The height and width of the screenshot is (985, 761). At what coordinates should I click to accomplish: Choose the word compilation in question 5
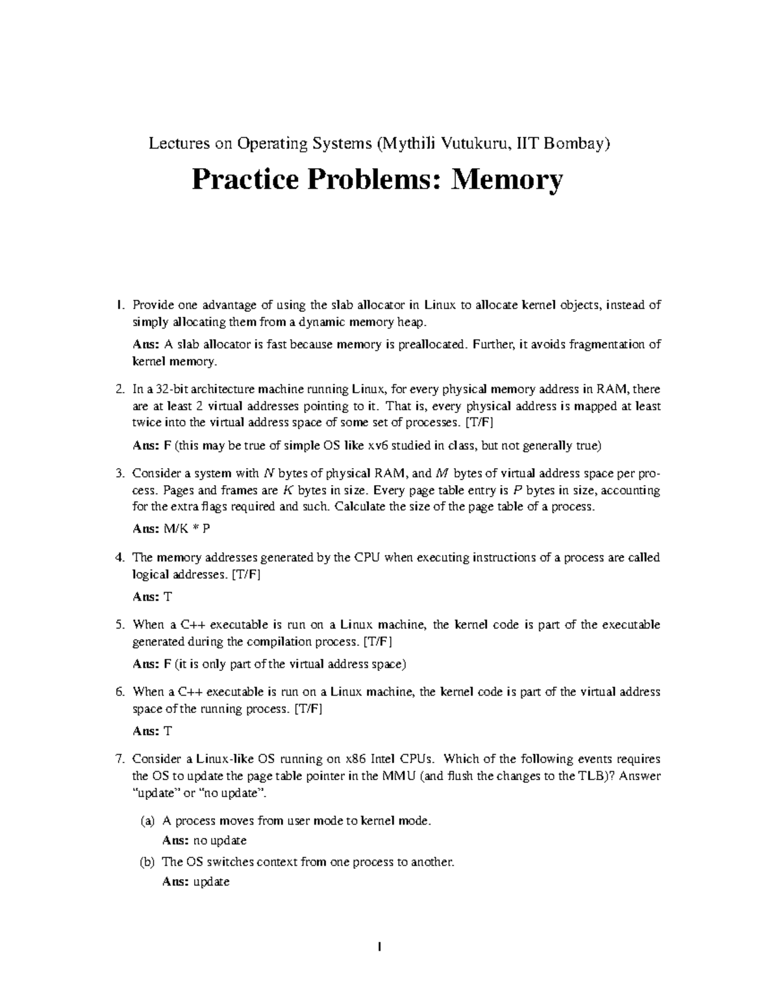(282, 641)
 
